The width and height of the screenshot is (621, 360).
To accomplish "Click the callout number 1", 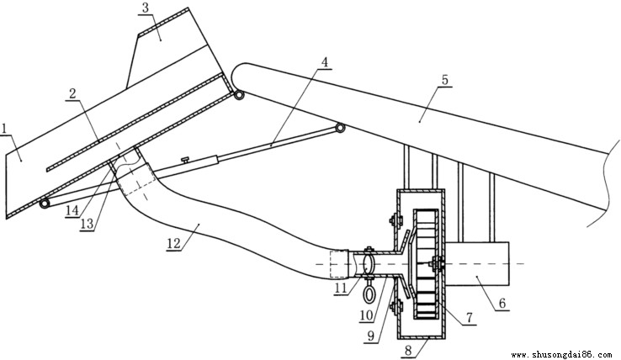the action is coord(4,129).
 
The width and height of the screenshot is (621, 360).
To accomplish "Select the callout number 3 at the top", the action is coord(146,8).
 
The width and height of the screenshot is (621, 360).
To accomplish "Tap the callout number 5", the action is coord(445,80).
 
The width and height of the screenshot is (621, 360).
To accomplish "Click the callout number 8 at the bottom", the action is coord(409,351).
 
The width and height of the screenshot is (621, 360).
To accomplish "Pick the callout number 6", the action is coord(502,304).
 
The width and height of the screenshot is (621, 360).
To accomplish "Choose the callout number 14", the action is coord(72,210).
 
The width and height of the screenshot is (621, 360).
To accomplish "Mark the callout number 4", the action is coord(325,62).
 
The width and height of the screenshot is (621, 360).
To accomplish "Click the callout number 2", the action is coord(72,94).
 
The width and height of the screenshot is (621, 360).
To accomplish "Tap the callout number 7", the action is coord(470,318).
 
